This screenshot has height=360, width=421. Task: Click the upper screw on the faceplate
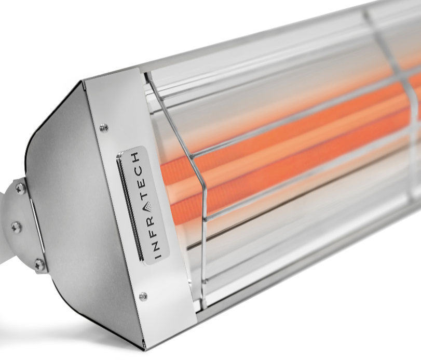click(103, 126)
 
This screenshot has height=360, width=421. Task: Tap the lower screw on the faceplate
click(143, 296)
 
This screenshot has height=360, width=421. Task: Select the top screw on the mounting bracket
click(20, 188)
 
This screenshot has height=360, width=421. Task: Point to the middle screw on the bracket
click(16, 226)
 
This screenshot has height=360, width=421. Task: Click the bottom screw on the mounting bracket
click(39, 264)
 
